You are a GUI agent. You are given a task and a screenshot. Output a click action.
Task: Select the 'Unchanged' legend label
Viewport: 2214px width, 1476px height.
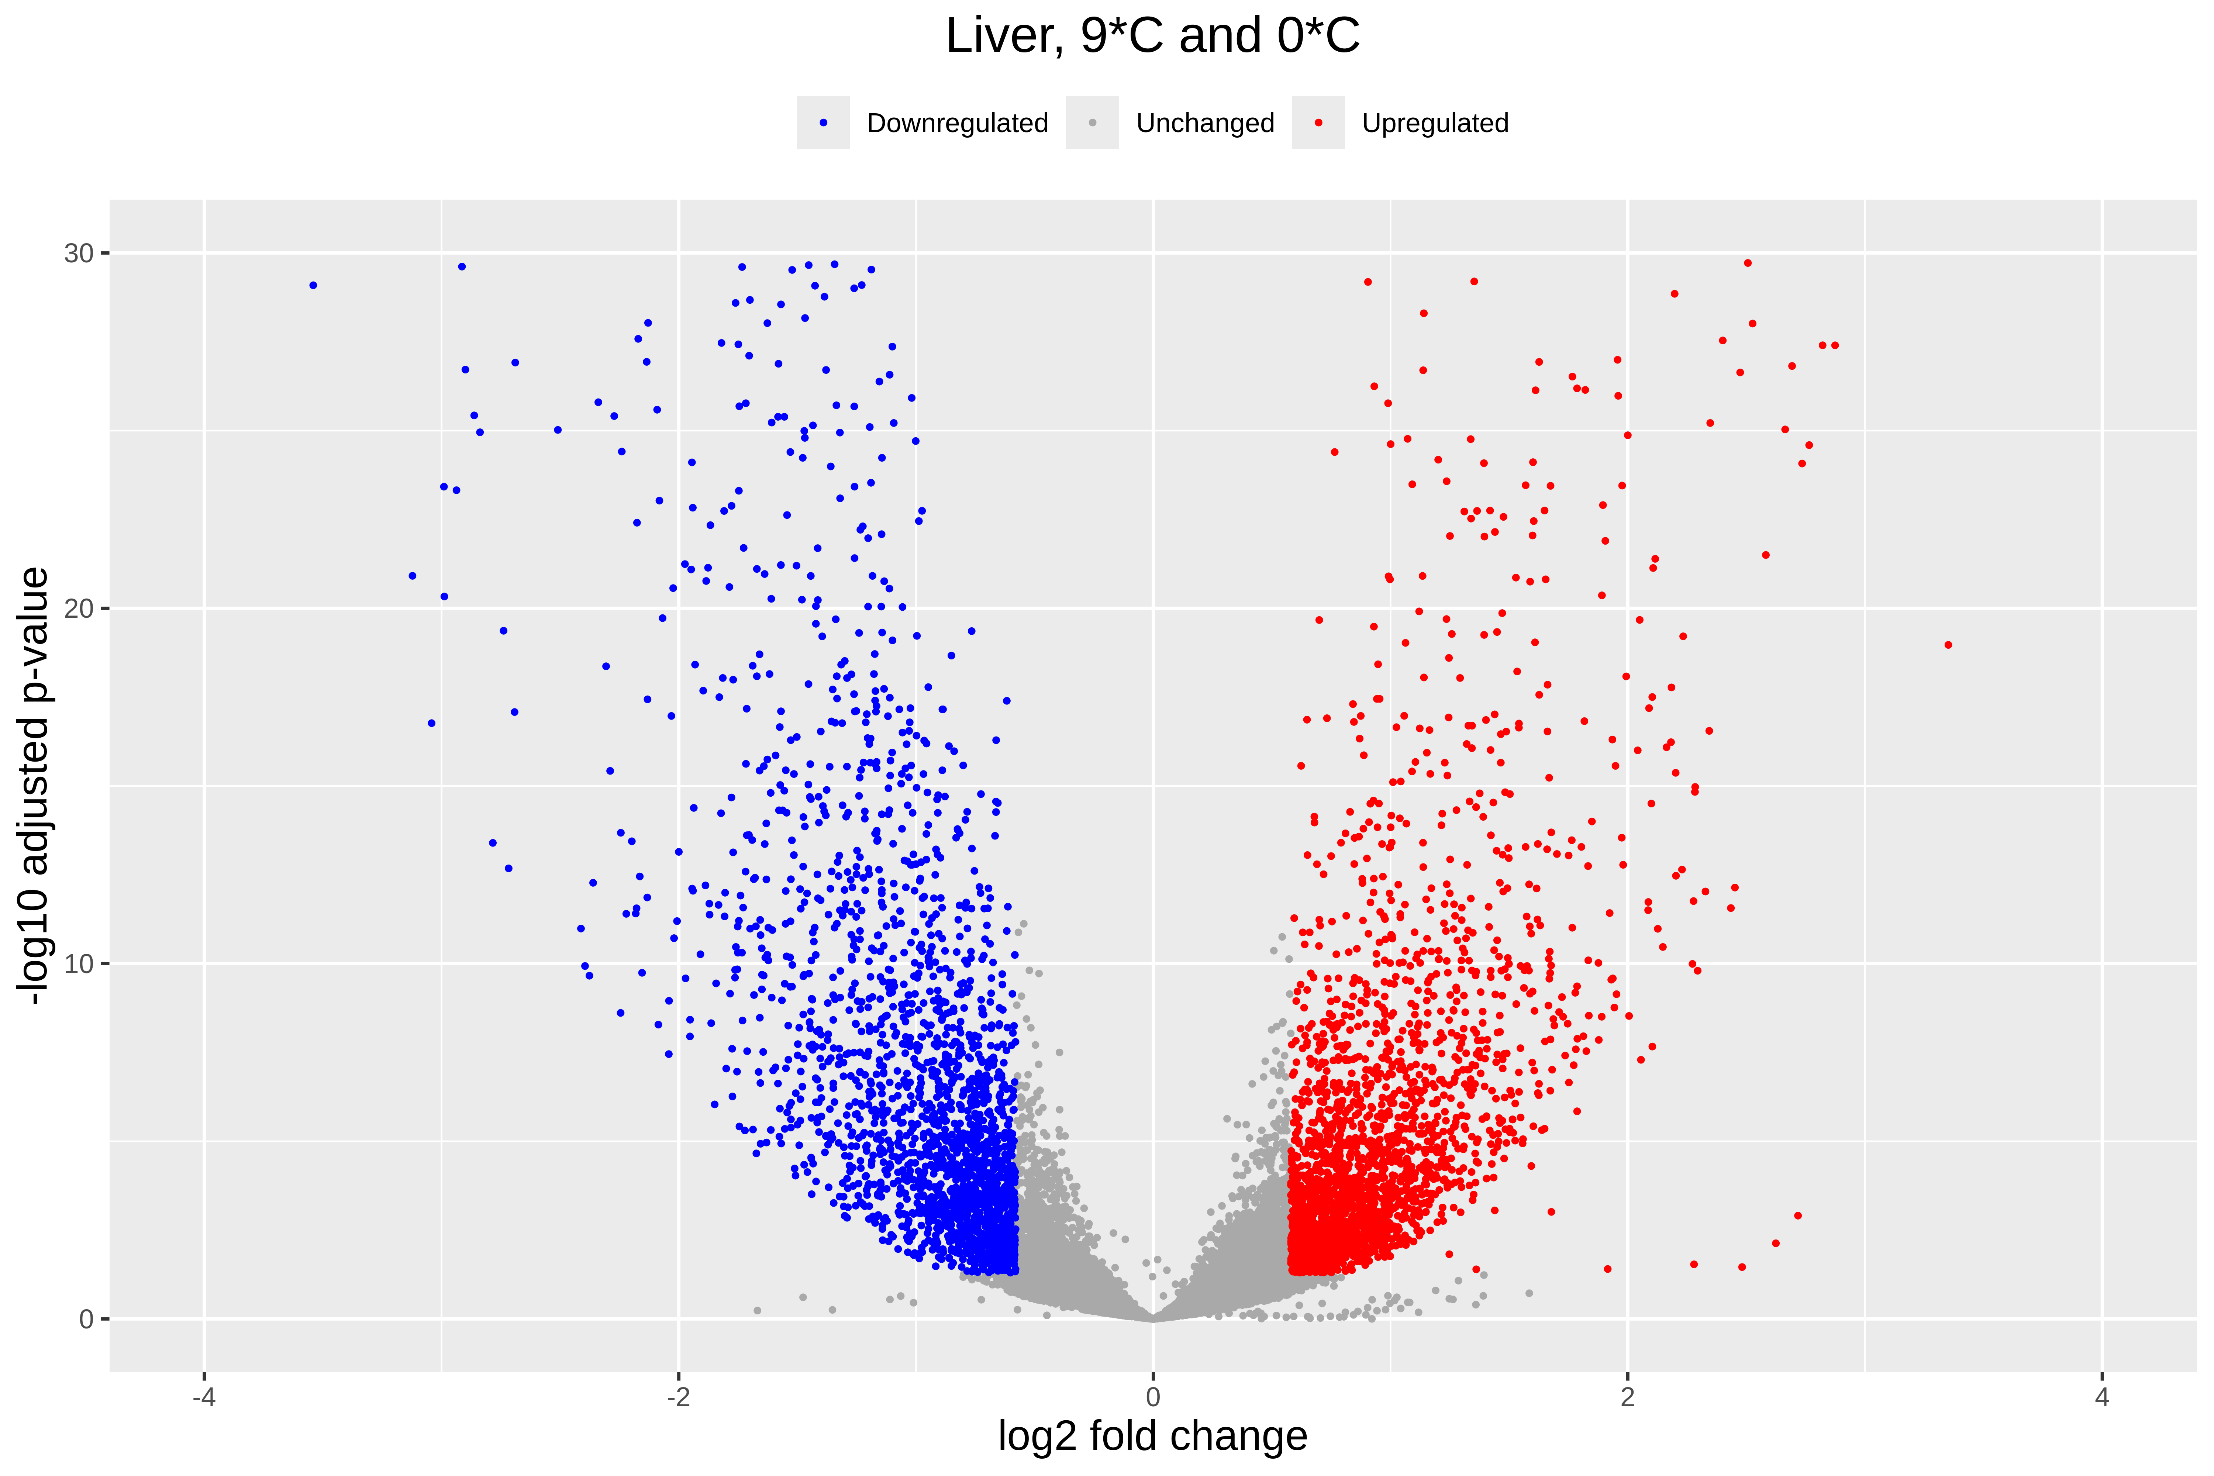(x=1205, y=123)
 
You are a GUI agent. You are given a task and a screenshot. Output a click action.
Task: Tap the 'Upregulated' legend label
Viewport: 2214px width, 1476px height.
(x=1435, y=123)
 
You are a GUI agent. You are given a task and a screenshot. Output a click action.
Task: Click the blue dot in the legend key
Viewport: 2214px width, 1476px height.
(x=824, y=123)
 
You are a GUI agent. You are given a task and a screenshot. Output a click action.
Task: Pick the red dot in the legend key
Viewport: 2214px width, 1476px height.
(x=1318, y=123)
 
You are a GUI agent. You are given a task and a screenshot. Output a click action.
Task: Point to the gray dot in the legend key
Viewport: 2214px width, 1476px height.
(x=1092, y=123)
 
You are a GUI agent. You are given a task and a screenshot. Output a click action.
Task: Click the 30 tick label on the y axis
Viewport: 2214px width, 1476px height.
(x=79, y=253)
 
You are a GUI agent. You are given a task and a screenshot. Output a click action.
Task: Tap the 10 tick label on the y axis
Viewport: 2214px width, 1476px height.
(x=79, y=964)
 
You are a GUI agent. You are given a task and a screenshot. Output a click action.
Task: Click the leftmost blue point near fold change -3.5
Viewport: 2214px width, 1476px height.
(x=313, y=285)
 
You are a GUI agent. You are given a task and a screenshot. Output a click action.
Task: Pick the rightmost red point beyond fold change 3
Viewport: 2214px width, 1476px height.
(x=1949, y=645)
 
